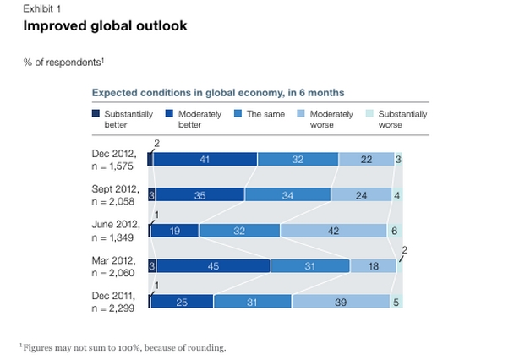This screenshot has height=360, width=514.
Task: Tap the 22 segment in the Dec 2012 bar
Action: click(366, 158)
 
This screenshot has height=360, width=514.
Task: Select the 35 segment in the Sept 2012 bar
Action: click(199, 194)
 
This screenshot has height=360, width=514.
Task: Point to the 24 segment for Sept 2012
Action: click(362, 194)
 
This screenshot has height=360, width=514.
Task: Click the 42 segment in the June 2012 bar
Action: click(333, 230)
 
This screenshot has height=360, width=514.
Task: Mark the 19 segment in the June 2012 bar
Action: click(174, 230)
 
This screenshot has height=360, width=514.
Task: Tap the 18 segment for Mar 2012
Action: click(373, 265)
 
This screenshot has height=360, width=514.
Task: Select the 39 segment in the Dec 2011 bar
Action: click(339, 301)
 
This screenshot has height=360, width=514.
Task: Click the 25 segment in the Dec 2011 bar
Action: click(182, 301)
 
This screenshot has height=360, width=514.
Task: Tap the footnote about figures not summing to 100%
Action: click(123, 346)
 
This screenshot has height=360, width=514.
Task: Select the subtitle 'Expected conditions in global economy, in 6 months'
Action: click(217, 93)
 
